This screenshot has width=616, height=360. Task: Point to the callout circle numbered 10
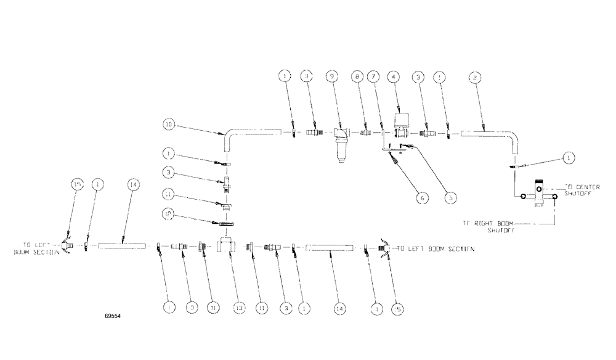click(x=169, y=125)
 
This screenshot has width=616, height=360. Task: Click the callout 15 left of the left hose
click(x=77, y=184)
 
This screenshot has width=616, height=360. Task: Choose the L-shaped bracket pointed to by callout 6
click(x=386, y=149)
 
